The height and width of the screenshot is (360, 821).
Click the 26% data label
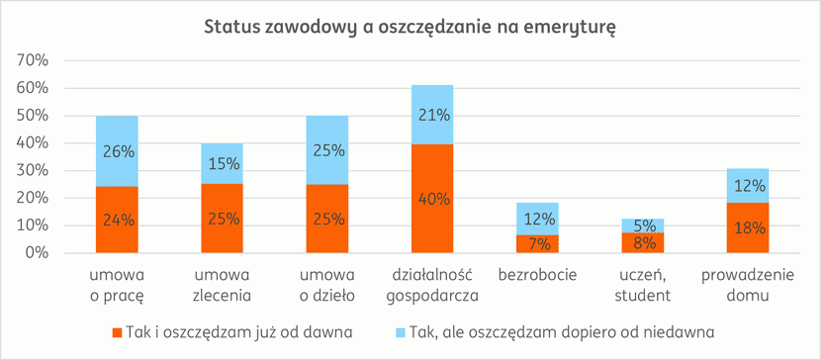(x=117, y=152)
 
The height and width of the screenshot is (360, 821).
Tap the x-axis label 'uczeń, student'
(x=643, y=283)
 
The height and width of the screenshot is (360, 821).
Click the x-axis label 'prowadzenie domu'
(x=748, y=283)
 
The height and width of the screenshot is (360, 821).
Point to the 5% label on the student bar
(x=643, y=225)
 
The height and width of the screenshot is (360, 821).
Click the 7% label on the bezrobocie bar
(x=537, y=243)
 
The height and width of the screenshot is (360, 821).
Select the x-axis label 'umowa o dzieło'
(x=326, y=283)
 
